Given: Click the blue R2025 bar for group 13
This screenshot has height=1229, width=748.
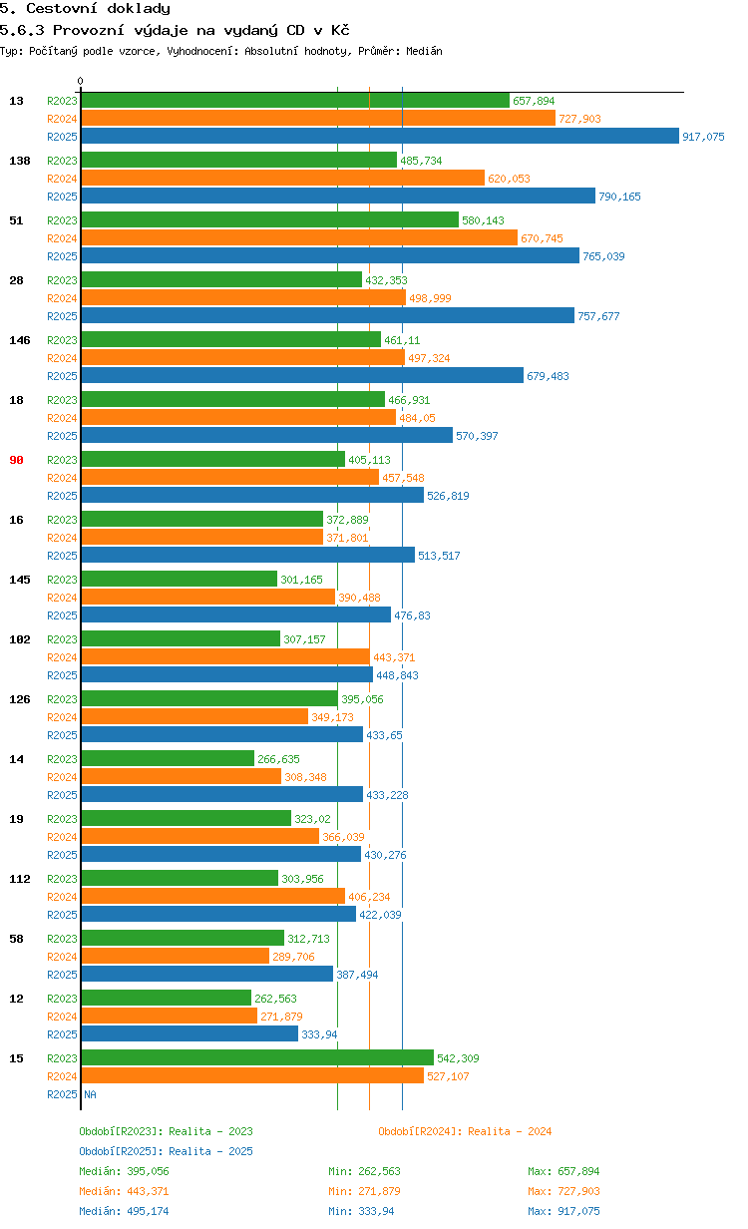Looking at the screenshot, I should coord(380,137).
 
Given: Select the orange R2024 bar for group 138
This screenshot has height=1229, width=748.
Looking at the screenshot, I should coord(282,178).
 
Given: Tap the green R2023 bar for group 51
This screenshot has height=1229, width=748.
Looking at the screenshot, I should coord(269,219).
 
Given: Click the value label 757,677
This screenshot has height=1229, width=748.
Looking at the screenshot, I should coord(598,316).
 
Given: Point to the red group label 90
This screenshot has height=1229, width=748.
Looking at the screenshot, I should coord(16,460).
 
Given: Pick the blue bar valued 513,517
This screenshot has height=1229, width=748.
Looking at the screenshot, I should coord(247,555).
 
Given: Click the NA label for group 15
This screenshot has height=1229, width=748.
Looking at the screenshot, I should coord(90,1094).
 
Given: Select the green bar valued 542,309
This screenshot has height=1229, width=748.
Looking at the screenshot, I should coord(257,1057).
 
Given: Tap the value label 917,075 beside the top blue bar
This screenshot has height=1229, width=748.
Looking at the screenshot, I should coord(703,137).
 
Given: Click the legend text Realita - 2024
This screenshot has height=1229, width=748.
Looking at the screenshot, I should coord(510,1131).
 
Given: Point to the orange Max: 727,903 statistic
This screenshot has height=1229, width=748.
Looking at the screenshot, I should coord(563,1191).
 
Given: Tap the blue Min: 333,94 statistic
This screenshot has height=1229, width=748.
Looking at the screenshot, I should coord(364,1211).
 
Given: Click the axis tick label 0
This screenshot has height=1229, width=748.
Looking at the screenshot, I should coord(81,82).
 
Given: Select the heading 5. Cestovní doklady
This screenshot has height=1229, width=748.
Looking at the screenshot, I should coord(85,9).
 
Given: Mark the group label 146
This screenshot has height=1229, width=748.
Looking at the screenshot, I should coord(19,340).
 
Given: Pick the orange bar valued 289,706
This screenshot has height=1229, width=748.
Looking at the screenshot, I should coord(176,956).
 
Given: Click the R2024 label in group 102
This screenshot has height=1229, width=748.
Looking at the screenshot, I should coord(62,657).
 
